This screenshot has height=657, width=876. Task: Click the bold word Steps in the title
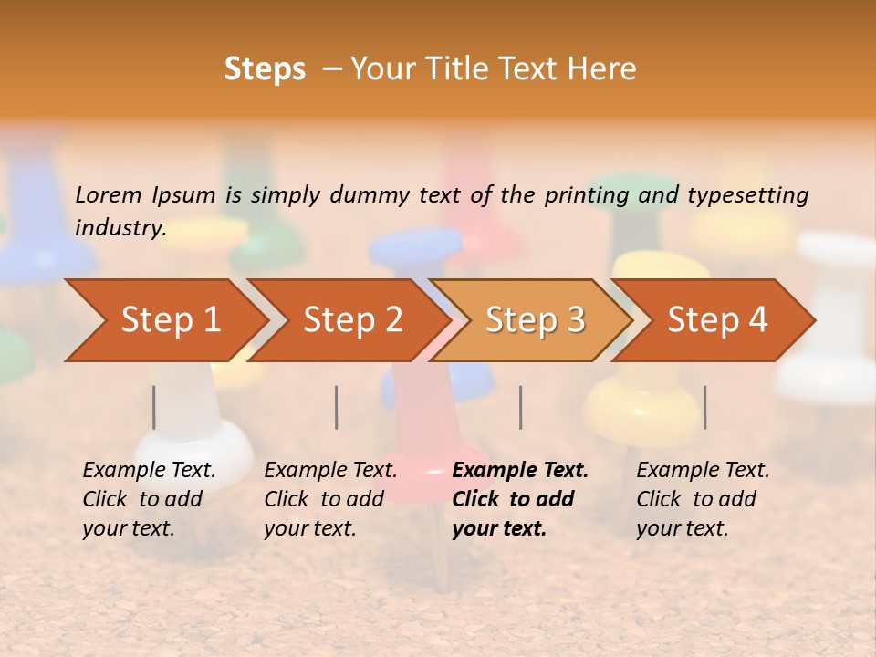tap(265, 69)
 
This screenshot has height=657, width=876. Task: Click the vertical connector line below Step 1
tap(154, 407)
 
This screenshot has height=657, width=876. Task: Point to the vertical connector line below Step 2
tap(337, 407)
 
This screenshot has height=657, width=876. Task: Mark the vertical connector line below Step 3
tap(521, 407)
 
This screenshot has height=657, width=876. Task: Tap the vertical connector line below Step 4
tap(704, 407)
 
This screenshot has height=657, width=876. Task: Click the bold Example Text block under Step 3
tap(520, 499)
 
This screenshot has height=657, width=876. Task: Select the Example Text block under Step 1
tap(149, 499)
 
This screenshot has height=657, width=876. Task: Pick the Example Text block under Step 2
tap(330, 499)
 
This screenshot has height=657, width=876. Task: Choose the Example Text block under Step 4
tap(703, 499)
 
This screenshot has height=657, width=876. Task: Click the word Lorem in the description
tap(109, 195)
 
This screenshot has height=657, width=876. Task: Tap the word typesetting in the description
tap(747, 195)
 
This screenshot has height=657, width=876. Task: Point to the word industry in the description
tap(120, 228)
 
